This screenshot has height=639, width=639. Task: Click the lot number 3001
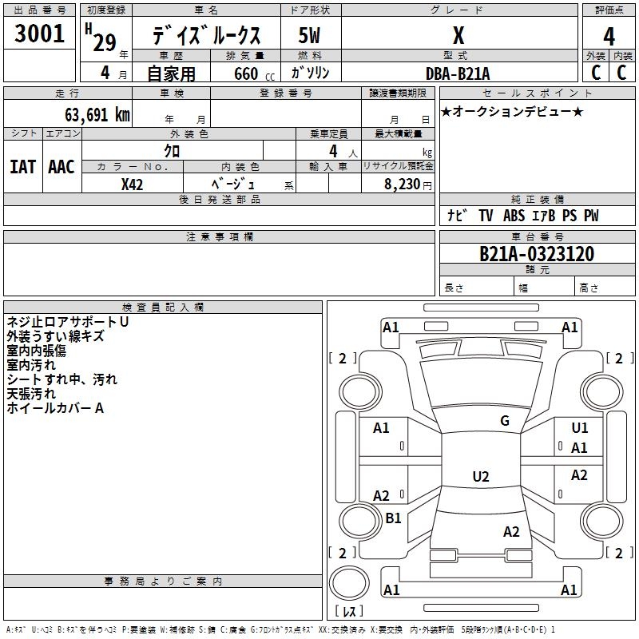point(39,34)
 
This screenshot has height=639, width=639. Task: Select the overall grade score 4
point(609,37)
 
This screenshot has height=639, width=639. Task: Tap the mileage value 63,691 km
point(97,115)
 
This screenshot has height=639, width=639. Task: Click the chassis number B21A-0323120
point(537,254)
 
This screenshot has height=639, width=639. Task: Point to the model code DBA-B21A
point(458,73)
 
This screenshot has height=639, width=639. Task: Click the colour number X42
point(132,185)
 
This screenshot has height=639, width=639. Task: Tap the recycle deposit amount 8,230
point(402,185)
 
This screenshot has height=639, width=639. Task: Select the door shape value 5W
point(309,35)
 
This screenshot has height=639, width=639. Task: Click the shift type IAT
point(23,167)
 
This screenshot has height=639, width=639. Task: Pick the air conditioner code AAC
point(62,167)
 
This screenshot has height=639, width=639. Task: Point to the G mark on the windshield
point(505,421)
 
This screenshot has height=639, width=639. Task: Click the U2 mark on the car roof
point(481,476)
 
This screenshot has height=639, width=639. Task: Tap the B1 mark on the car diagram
point(393,518)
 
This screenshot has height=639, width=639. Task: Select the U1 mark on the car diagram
point(580,428)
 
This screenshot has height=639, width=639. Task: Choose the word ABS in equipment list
point(514,216)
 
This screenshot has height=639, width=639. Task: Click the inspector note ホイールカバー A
point(55,408)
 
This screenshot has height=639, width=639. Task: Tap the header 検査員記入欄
point(163,308)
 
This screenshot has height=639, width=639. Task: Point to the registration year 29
point(105,43)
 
